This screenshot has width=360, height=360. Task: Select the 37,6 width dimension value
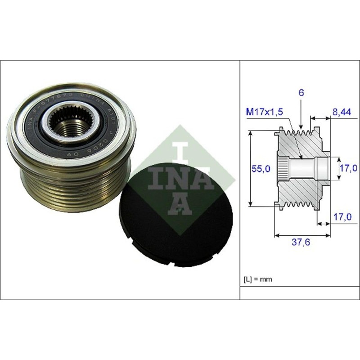click(x=301, y=242)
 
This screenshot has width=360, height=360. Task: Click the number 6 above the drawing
click(x=301, y=93)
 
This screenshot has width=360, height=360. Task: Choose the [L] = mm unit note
click(x=258, y=279)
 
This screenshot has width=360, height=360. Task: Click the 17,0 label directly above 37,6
click(x=342, y=217)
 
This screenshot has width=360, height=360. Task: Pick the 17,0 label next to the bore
click(x=347, y=168)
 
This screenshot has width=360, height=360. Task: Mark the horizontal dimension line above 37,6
click(x=301, y=234)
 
